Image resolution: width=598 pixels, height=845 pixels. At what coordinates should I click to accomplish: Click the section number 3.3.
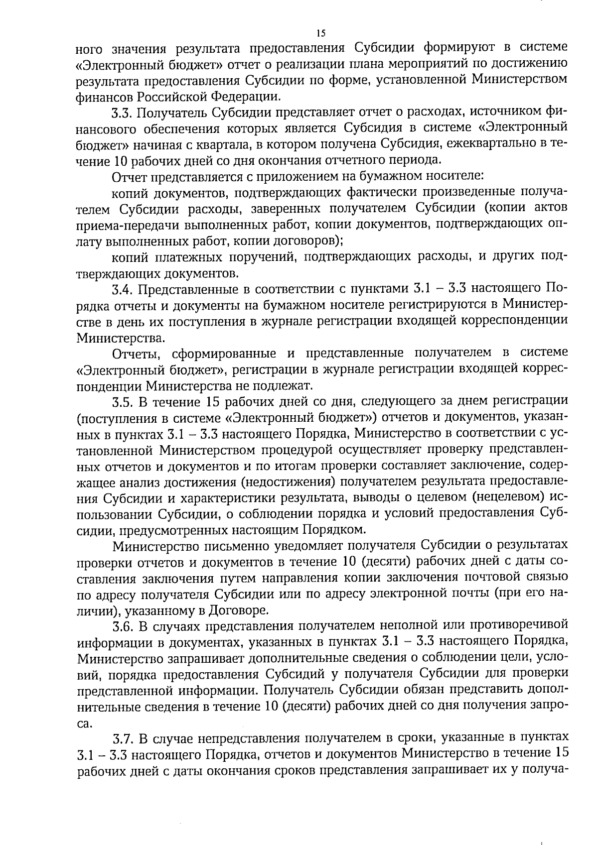tap(123, 113)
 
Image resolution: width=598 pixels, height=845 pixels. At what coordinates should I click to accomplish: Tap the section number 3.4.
tap(123, 288)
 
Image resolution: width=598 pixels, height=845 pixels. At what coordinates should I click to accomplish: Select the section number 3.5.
tap(123, 401)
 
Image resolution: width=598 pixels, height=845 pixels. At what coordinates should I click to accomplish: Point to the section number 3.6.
tap(123, 625)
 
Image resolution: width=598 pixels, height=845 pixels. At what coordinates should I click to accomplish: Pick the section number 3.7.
tap(123, 737)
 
